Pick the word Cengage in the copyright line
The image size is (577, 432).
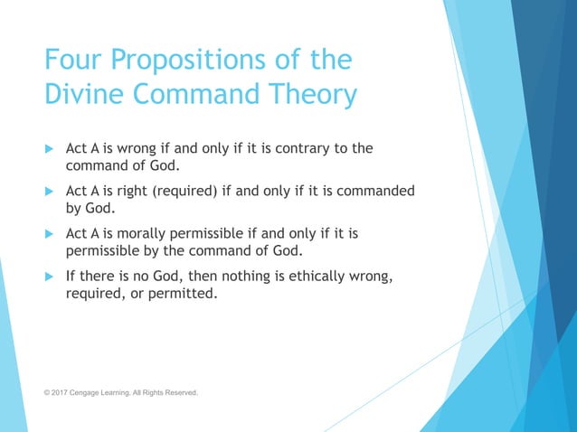coord(92,393)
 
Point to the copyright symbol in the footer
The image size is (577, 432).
coord(48,393)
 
